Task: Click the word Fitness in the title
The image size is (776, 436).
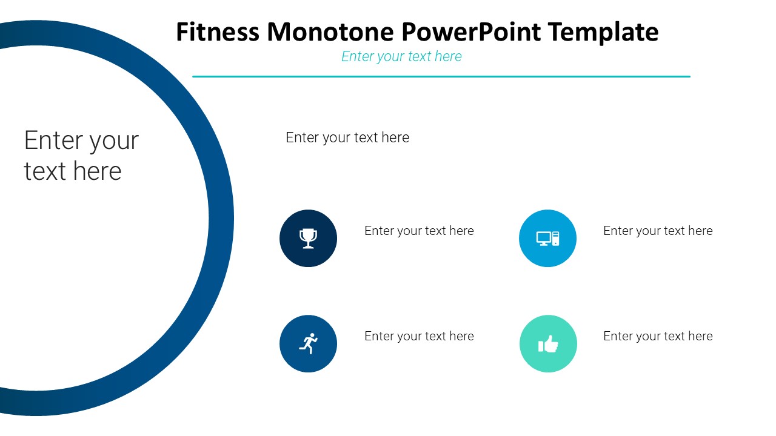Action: [x=218, y=32]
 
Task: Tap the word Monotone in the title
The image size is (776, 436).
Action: [x=330, y=32]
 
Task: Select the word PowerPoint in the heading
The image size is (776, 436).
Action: [x=471, y=32]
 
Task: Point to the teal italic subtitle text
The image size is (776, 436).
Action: [x=401, y=56]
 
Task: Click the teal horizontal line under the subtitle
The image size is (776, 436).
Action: [x=441, y=76]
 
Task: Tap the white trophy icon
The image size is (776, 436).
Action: [x=308, y=239]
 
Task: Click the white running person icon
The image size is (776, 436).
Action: [x=309, y=343]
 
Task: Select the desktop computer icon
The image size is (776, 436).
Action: [x=547, y=239]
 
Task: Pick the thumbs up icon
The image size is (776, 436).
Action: [x=548, y=344]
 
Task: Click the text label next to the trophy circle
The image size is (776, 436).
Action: [x=419, y=231]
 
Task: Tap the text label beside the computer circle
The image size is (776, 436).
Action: [x=658, y=231]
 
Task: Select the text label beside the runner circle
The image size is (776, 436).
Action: [x=419, y=336]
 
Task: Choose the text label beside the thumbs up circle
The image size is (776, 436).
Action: [x=658, y=336]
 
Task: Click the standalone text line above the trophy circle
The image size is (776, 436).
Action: [x=347, y=137]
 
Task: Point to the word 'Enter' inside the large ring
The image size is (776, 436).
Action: [x=54, y=140]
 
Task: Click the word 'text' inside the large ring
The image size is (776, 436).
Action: [x=45, y=171]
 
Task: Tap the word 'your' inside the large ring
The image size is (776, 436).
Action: [x=115, y=142]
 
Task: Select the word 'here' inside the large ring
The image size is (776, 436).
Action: [x=98, y=171]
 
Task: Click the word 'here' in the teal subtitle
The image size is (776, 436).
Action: [x=448, y=56]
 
